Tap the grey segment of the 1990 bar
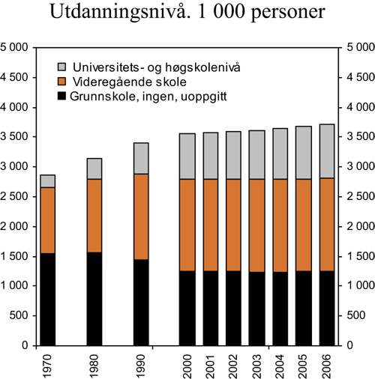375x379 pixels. pyautogui.click(x=140, y=158)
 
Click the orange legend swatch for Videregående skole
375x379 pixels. pyautogui.click(x=62, y=81)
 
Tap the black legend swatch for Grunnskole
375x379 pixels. pyautogui.click(x=62, y=96)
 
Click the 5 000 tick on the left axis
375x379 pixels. pyautogui.click(x=16, y=48)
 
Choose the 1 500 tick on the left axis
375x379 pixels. pyautogui.click(x=16, y=256)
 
